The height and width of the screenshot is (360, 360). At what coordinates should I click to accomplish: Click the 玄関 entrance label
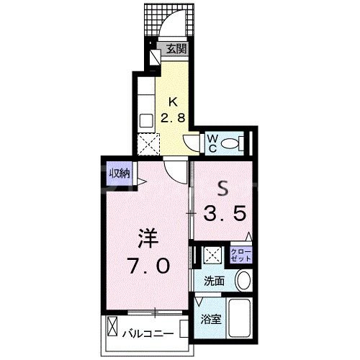coord(176,50)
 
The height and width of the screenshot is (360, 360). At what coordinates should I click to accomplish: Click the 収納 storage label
coord(120,173)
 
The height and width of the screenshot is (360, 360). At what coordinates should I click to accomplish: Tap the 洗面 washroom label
coord(214,280)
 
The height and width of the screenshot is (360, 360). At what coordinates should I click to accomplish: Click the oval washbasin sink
coord(243,280)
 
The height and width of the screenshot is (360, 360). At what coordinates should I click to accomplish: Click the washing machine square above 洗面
coord(212,254)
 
